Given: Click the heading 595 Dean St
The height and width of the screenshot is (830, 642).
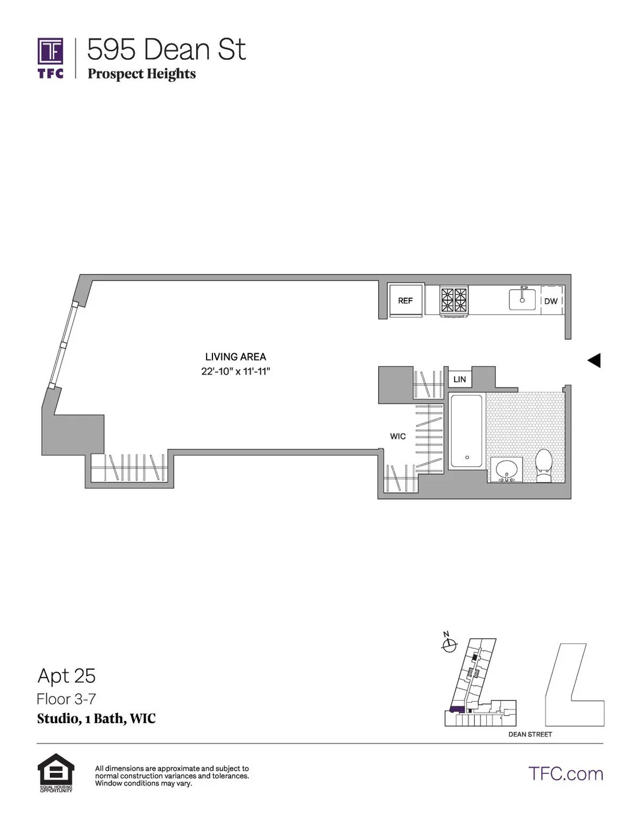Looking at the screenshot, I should [166, 50].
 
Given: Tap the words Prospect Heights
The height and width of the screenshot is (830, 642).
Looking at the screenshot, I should [142, 74].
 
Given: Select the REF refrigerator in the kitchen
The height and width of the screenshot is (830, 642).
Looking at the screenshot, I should [406, 300].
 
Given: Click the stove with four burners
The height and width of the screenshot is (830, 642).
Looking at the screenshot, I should [454, 300].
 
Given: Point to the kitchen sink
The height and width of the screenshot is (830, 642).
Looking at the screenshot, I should [522, 299].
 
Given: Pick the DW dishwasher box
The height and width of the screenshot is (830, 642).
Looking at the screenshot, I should [551, 301].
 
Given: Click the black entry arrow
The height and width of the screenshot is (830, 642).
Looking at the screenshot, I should [594, 361].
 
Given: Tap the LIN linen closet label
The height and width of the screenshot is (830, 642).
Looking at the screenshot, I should [460, 379].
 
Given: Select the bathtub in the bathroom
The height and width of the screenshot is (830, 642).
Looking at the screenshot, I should [467, 431].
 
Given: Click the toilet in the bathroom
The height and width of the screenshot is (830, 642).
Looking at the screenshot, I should [544, 465].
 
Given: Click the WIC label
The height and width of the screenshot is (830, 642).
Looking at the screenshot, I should [398, 436].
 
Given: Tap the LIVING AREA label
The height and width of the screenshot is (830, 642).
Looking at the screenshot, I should [235, 356].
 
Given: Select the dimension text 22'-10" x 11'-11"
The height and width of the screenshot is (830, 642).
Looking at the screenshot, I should [235, 371].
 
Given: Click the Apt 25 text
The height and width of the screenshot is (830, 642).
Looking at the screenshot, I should [66, 676].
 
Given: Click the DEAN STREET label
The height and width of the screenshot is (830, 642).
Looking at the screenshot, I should [530, 734].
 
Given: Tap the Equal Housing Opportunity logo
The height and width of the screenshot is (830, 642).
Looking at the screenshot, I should [56, 773].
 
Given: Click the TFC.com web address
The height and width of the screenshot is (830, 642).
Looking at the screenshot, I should [565, 773].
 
